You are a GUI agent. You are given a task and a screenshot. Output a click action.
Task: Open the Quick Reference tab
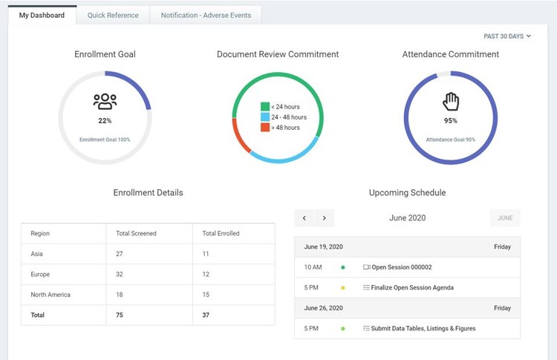click(112, 15)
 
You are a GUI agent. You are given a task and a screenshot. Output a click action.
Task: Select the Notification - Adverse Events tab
click(206, 15)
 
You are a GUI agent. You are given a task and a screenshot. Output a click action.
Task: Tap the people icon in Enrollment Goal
click(105, 102)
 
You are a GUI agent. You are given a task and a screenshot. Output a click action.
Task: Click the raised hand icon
click(451, 101)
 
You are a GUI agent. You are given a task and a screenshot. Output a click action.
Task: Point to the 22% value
click(105, 120)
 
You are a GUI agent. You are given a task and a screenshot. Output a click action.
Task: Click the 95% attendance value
click(451, 120)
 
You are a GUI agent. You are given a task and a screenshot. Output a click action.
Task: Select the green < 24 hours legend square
click(264, 107)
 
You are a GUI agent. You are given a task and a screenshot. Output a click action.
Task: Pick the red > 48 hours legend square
click(264, 128)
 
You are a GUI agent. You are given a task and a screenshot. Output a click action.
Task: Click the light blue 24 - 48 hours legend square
click(264, 117)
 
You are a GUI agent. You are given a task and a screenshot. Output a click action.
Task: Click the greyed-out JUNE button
click(505, 218)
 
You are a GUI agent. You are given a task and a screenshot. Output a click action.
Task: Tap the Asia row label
click(37, 254)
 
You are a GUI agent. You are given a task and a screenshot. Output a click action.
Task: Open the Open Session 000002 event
click(401, 267)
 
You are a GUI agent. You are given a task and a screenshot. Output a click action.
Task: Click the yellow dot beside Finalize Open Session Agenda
click(342, 287)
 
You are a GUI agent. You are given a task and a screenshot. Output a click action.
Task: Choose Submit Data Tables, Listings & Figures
click(423, 328)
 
